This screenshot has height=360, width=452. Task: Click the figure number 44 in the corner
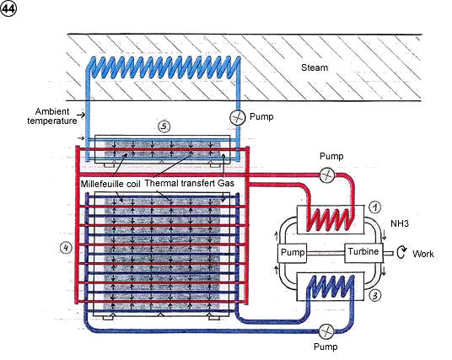(8, 8)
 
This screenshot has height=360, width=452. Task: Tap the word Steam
(315, 67)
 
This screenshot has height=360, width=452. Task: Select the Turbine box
(363, 252)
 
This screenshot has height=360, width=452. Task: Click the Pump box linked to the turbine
(293, 253)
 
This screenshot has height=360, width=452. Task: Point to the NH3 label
(400, 223)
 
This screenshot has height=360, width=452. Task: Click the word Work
(422, 254)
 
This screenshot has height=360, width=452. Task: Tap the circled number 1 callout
(374, 207)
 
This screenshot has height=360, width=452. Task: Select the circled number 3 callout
(374, 295)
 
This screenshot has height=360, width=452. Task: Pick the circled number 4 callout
(66, 248)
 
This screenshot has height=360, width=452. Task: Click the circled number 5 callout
(164, 126)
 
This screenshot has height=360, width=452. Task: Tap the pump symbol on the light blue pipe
(238, 117)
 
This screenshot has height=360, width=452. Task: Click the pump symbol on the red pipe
(327, 175)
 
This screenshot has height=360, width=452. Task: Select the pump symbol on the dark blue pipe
(327, 331)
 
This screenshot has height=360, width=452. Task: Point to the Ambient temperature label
(52, 116)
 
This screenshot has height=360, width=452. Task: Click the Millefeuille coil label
(110, 184)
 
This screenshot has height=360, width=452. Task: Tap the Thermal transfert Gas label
(189, 183)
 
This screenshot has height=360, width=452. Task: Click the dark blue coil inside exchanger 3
(331, 287)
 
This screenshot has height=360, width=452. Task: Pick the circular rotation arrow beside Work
(401, 252)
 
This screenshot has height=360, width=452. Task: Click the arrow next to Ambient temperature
(82, 115)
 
